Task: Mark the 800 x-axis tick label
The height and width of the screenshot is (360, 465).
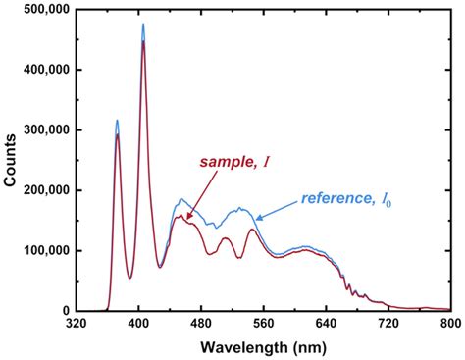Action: click(x=450, y=323)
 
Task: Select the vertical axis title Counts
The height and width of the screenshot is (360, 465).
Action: click(x=11, y=161)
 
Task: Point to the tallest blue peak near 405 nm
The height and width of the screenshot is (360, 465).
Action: click(x=143, y=25)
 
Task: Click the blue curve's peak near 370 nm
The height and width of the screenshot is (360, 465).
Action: click(x=118, y=121)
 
